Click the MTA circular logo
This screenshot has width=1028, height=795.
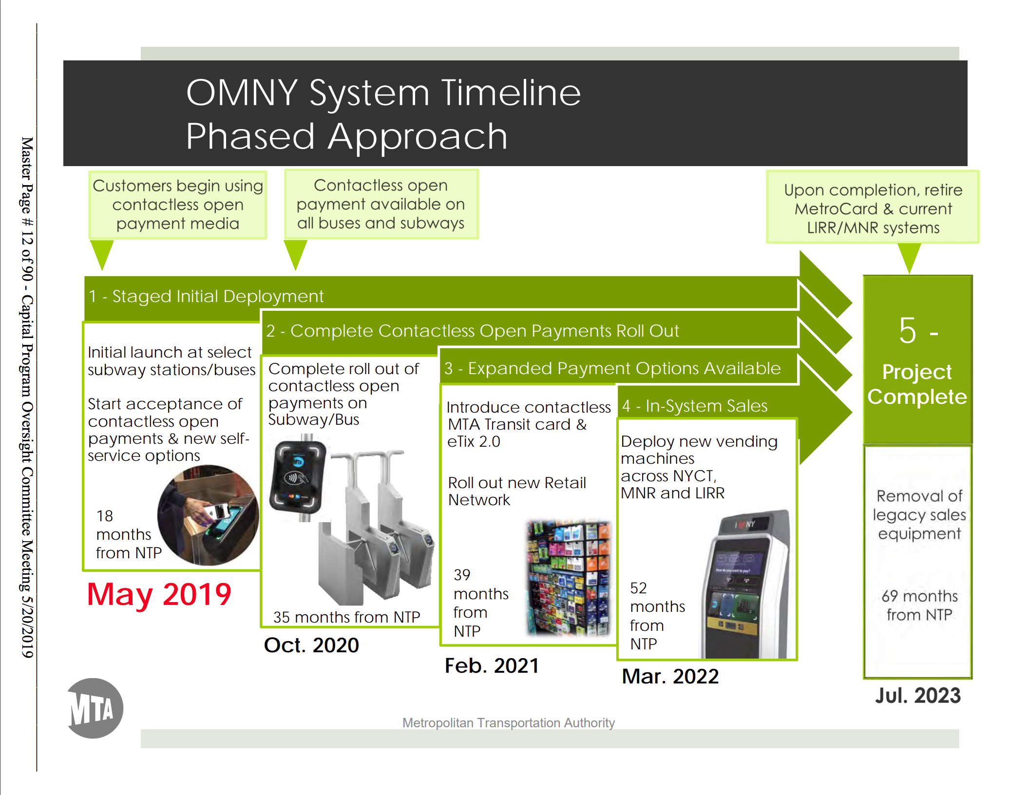point(95,708)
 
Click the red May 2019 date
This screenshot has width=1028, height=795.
point(159,595)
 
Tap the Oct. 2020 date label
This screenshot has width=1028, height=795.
point(311,645)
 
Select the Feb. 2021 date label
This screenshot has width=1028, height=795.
point(491,666)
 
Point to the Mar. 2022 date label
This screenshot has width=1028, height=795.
point(670,677)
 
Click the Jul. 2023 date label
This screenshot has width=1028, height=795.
point(917,696)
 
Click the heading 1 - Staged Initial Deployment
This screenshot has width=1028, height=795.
point(206,297)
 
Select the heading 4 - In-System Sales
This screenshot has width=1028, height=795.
point(694,406)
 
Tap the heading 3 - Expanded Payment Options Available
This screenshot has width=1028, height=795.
point(612,369)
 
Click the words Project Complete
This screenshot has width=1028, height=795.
point(917,385)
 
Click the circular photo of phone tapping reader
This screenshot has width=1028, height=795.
point(209,515)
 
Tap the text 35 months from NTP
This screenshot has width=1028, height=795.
point(346,617)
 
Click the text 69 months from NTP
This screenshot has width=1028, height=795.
point(919,606)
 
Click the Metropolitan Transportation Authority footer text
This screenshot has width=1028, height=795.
point(508,723)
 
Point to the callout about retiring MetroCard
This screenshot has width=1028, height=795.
point(873,208)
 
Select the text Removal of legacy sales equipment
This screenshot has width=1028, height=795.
point(919,515)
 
